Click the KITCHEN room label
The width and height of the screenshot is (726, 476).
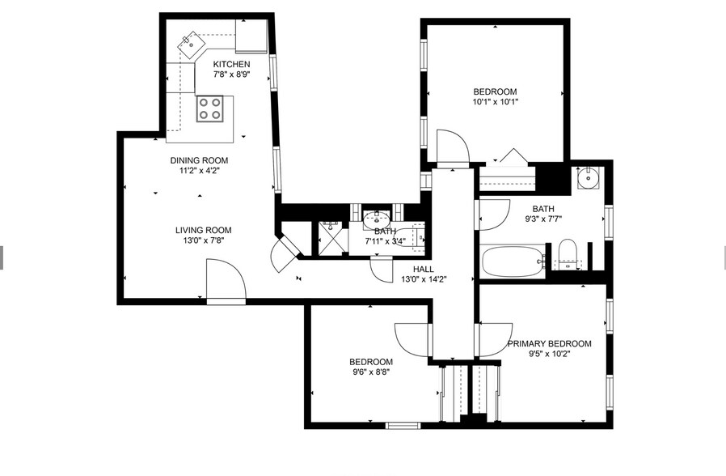pyautogui.click(x=231, y=64)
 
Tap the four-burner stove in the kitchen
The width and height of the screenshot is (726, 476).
pyautogui.click(x=209, y=109)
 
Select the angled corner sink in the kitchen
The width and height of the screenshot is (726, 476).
pyautogui.click(x=192, y=45)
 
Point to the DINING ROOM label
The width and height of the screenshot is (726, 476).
pyautogui.click(x=199, y=160)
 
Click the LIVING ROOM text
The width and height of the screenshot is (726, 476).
pyautogui.click(x=203, y=230)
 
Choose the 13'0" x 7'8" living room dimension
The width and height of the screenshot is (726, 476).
pyautogui.click(x=203, y=240)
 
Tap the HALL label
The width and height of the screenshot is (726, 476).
pyautogui.click(x=424, y=269)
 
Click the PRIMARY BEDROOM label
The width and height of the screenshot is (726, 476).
pyautogui.click(x=549, y=343)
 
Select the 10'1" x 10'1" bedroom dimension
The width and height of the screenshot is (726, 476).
pyautogui.click(x=495, y=102)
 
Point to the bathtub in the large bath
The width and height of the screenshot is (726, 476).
pyautogui.click(x=513, y=261)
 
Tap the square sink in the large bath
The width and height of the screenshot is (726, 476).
pyautogui.click(x=589, y=178)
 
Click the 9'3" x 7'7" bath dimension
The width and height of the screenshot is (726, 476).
pyautogui.click(x=543, y=219)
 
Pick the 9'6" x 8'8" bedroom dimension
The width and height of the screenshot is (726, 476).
pyautogui.click(x=371, y=372)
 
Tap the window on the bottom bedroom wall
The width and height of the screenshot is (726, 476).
pyautogui.click(x=403, y=426)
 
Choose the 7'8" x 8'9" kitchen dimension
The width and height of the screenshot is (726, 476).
pyautogui.click(x=231, y=74)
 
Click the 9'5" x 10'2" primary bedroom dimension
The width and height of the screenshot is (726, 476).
pyautogui.click(x=550, y=354)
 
